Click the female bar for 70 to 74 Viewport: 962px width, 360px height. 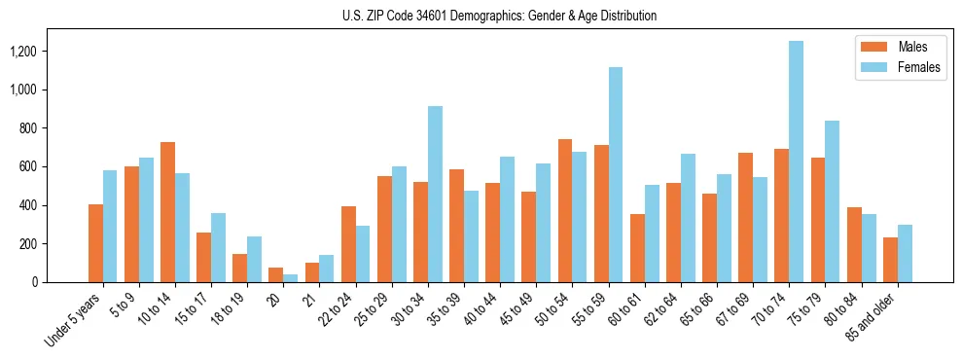click(x=796, y=162)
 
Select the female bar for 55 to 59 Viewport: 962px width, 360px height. click(x=616, y=175)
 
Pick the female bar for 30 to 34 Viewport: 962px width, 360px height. click(x=435, y=195)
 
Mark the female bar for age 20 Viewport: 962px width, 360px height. click(x=291, y=278)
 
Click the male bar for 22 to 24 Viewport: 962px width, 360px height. click(x=348, y=244)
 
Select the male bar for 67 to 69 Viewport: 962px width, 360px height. click(x=745, y=218)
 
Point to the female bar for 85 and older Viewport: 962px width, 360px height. click(x=905, y=254)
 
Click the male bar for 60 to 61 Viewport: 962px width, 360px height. click(x=637, y=248)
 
